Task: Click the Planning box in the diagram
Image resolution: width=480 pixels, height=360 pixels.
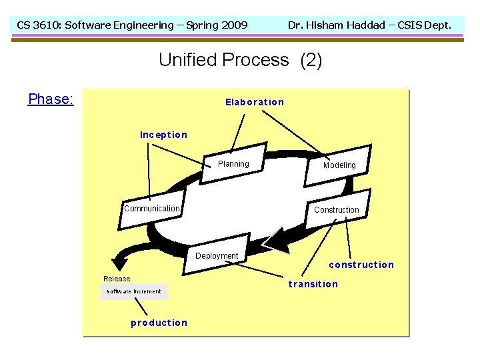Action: pos(233,164)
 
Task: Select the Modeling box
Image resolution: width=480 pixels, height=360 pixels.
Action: pos(339,165)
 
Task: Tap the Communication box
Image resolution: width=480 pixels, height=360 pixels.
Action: pos(152,209)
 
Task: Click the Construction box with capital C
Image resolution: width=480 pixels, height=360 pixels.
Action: pos(336,210)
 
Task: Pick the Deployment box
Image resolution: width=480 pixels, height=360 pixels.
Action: pos(217,256)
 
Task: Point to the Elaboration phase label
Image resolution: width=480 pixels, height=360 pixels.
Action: pos(255,102)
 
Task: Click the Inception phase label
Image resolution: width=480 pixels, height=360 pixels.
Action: pos(163,135)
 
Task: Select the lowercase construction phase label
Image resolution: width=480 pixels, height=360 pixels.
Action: pos(361,265)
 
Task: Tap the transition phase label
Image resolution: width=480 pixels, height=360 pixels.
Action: pos(313,284)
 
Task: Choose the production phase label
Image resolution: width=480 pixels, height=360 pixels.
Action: pos(159,323)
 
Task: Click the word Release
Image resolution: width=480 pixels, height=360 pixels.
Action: pos(117,279)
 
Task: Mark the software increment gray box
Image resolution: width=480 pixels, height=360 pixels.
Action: pos(134,291)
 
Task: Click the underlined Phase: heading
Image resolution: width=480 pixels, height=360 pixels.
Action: pos(51,99)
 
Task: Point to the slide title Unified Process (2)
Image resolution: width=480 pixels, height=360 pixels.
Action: pos(240,60)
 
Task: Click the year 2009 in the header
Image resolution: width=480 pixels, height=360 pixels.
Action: pos(234,25)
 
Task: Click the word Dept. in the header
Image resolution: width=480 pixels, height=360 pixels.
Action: pos(437,25)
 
